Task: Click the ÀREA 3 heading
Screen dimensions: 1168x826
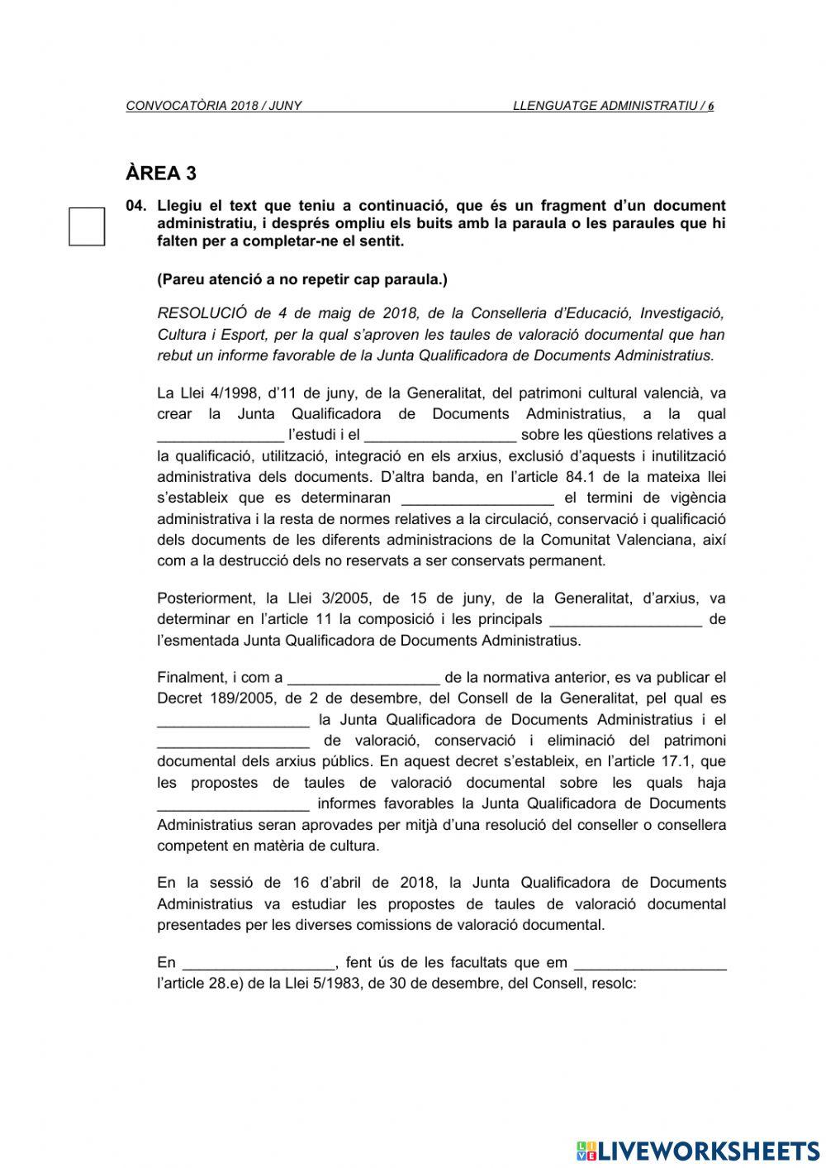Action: pos(161,174)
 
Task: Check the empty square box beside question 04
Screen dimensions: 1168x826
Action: pos(87,226)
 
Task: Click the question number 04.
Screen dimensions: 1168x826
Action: pos(136,206)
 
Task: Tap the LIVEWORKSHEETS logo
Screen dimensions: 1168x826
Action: pos(698,1150)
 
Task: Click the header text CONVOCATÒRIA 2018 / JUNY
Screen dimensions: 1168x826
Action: pos(214,106)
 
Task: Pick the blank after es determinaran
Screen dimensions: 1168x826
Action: pos(477,499)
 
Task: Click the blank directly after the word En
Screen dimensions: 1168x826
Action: pos(259,964)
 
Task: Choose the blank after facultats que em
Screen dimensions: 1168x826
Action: pos(650,964)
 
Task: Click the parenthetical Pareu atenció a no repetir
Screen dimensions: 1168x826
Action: pos(301,279)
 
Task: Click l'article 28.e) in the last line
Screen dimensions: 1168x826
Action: pos(209,984)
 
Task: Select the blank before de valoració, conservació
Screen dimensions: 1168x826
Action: pos(233,742)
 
